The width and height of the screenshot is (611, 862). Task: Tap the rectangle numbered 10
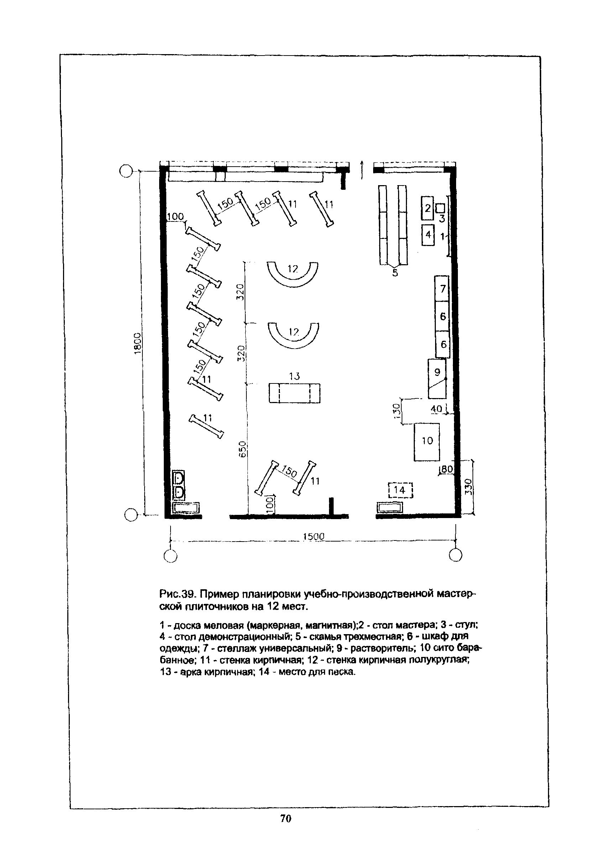coord(427,442)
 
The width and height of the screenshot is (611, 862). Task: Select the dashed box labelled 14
coord(400,490)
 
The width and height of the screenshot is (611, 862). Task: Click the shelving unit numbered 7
coord(442,289)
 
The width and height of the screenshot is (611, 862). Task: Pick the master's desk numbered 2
coord(427,208)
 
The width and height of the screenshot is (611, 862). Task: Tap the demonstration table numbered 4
coord(428,235)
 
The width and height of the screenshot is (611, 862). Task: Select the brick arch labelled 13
coord(294,393)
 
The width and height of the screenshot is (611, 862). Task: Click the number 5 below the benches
coord(395,273)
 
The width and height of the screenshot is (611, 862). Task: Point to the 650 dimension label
coord(243,449)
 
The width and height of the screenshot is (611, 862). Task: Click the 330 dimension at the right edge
coord(468,487)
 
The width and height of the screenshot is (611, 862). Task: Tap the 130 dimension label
coord(396,410)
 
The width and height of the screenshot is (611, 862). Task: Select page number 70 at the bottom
coord(286,819)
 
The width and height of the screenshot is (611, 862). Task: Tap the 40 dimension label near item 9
coord(436,408)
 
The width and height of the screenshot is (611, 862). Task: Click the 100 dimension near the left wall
coord(175,217)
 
